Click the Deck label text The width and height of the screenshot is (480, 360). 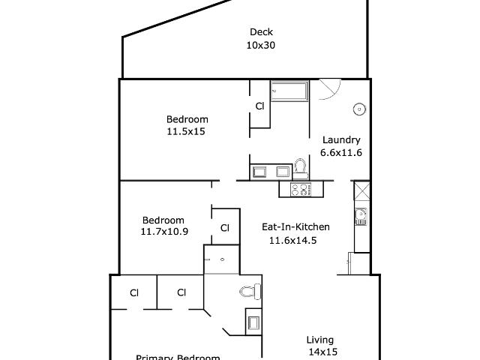tap(260, 32)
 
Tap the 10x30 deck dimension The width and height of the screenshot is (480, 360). tap(260, 46)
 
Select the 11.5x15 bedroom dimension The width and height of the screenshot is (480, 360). tap(187, 131)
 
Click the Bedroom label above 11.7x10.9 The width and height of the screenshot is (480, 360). tap(163, 220)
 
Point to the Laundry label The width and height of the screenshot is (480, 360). tap(341, 139)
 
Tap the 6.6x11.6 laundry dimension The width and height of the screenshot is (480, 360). tap(341, 152)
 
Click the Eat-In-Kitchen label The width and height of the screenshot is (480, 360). tap(295, 226)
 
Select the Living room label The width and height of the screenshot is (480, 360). tap(320, 340)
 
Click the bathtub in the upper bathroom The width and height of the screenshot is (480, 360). tap(289, 91)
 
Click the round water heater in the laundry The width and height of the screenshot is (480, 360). tap(359, 109)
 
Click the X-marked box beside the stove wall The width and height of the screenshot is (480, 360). tap(361, 189)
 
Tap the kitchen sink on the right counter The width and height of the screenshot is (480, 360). tap(361, 217)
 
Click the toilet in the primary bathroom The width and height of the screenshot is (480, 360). tap(250, 292)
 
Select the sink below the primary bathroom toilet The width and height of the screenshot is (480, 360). tap(253, 322)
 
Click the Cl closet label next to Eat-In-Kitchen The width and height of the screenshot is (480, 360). tap(224, 228)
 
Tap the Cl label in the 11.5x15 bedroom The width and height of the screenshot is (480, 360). tap(259, 106)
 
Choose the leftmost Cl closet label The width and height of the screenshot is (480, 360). tap(134, 292)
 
